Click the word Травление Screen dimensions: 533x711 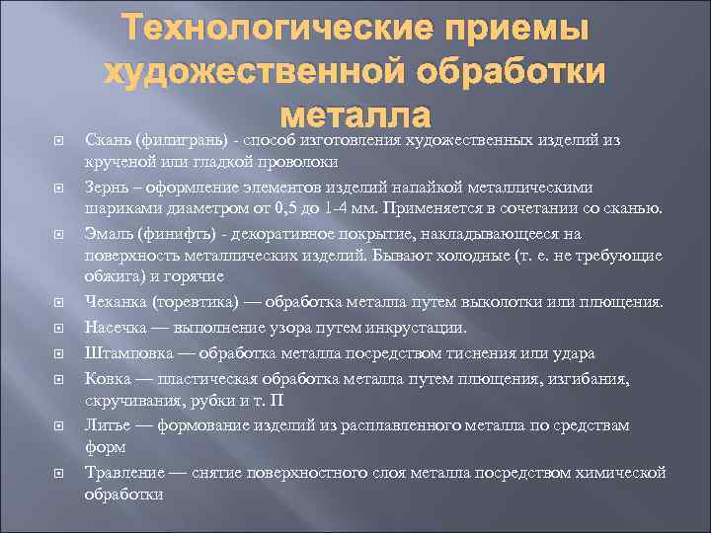pos(124,472)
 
